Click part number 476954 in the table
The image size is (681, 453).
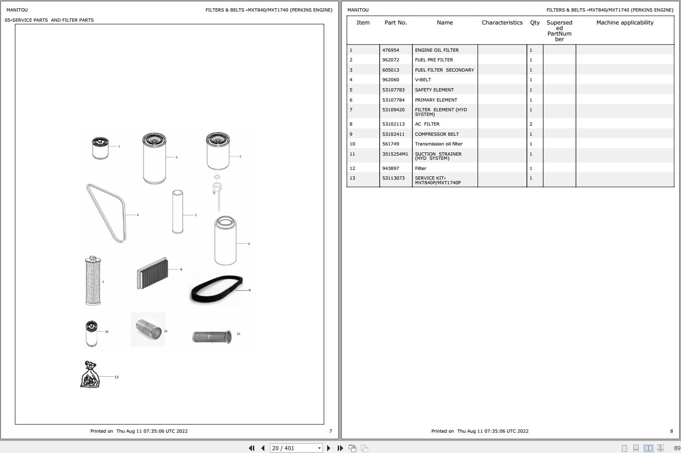pos(391,50)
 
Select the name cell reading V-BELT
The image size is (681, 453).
pos(423,80)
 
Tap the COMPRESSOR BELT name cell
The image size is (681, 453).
pos(437,134)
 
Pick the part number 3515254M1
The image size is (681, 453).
pos(395,154)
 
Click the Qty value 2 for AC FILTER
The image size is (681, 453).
pos(531,124)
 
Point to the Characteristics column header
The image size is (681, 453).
pos(502,23)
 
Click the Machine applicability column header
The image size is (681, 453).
pos(625,23)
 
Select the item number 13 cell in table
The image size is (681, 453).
pos(352,178)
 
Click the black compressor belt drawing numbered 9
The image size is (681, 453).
pos(216,290)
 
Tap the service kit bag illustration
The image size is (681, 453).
pos(90,375)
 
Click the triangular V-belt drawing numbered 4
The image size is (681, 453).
pos(107,212)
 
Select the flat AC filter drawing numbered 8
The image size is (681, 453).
pos(152,273)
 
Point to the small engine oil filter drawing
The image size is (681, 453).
pos(100,148)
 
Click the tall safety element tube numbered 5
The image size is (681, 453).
pos(178,212)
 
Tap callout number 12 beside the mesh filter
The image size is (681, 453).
pos(239,334)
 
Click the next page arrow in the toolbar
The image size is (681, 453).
pos(329,448)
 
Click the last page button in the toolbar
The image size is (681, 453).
pos(340,448)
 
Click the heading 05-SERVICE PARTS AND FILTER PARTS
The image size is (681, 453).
pos(49,20)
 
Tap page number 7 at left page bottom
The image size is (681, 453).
pos(330,431)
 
